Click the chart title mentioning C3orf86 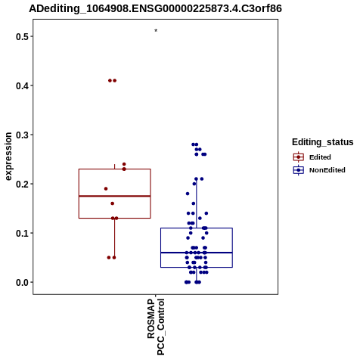pos(155,8)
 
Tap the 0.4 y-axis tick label pos(21,86)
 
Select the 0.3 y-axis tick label pos(21,135)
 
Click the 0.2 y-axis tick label pos(21,185)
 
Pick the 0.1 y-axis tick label pos(21,234)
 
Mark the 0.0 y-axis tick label pos(21,283)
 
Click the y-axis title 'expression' pos(8,157)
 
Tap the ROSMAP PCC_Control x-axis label pos(156,327)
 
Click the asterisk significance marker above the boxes pos(156,30)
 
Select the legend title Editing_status pos(322,142)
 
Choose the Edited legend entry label pos(320,157)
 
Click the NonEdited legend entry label pos(327,170)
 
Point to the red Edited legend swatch pos(299,157)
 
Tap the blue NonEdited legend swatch pos(299,170)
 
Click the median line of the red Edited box pos(115,196)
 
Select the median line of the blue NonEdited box pos(197,253)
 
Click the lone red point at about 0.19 pos(106,188)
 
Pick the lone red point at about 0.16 pos(113,203)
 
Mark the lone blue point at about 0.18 pos(188,194)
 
